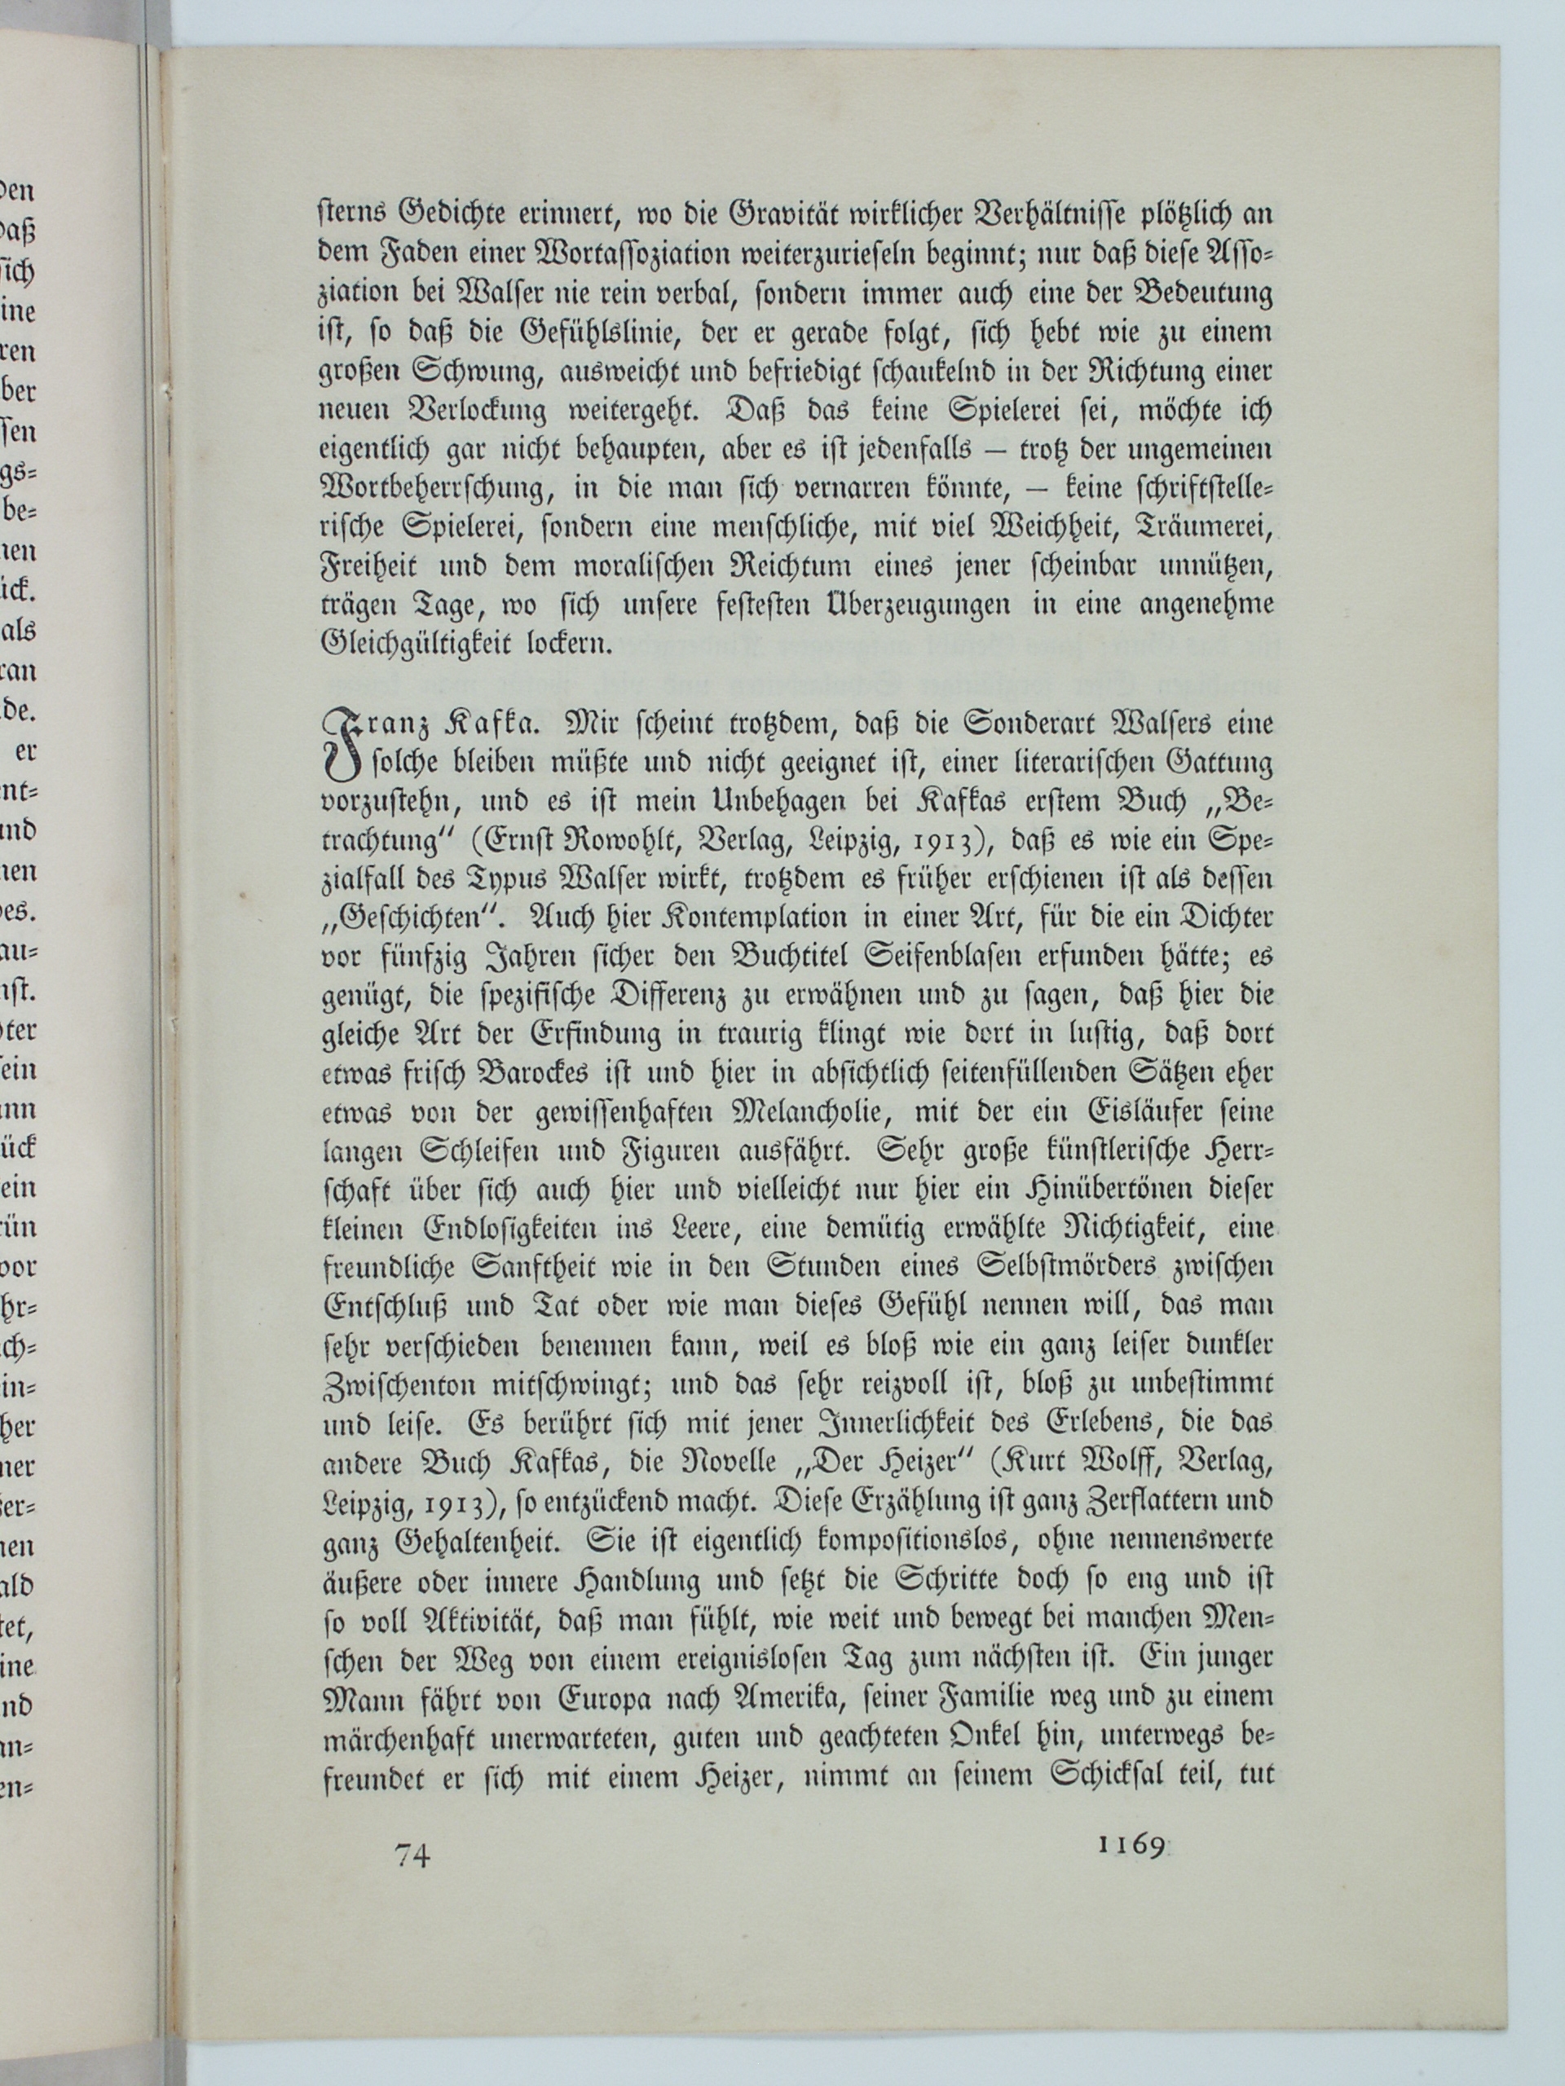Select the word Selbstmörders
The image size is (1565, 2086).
click(1048, 1266)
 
